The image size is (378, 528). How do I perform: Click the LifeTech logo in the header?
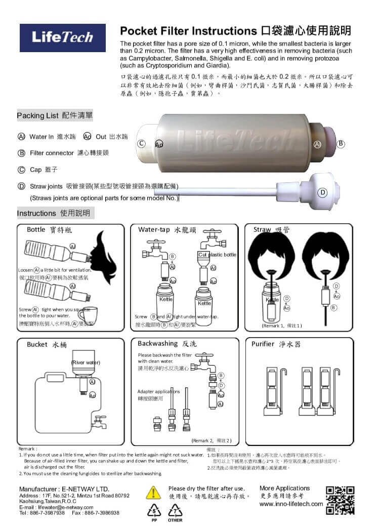[63, 37]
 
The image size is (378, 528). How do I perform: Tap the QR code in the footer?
[340, 500]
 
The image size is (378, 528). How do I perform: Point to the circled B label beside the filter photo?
[341, 144]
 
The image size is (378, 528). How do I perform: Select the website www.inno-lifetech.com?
[291, 504]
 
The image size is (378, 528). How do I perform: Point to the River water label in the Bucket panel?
[86, 362]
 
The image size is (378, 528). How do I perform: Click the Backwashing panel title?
[165, 344]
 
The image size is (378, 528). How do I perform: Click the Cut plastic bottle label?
[217, 255]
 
